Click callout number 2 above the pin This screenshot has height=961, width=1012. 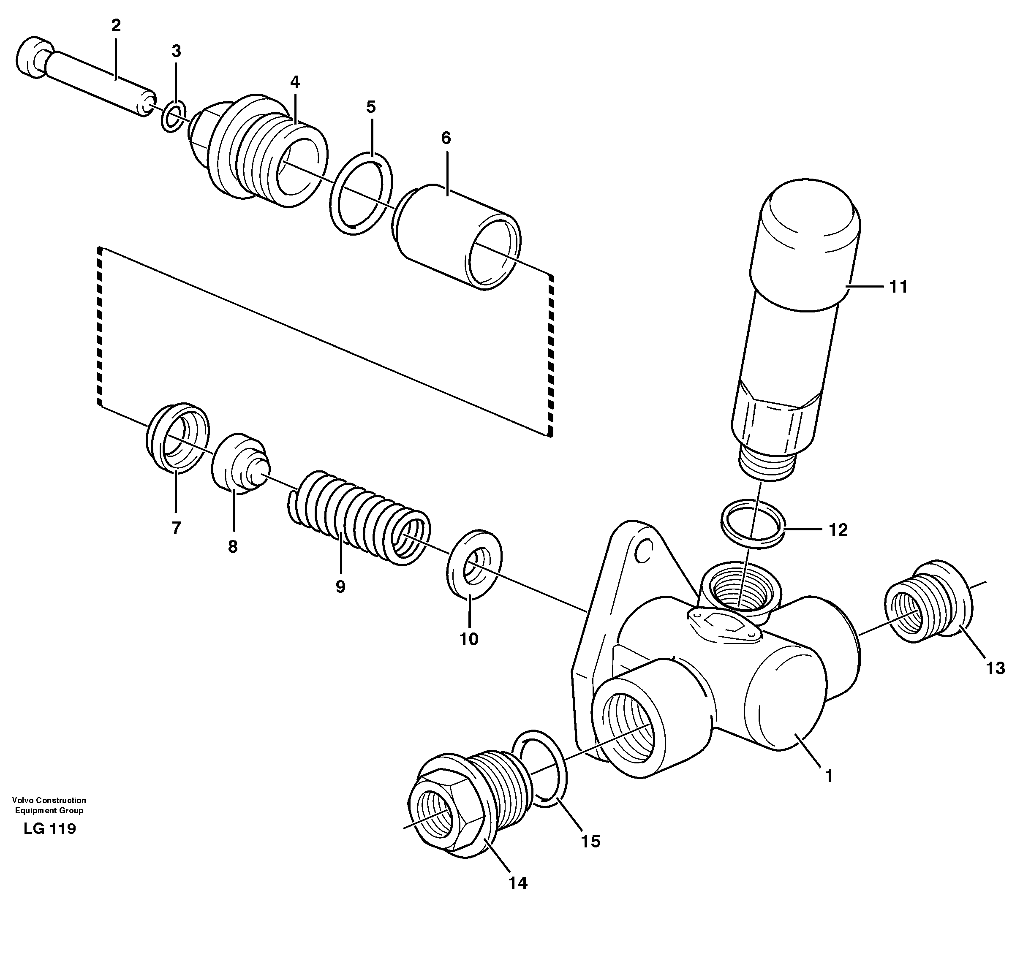(x=116, y=26)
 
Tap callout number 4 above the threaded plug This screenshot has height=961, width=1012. (x=295, y=82)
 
